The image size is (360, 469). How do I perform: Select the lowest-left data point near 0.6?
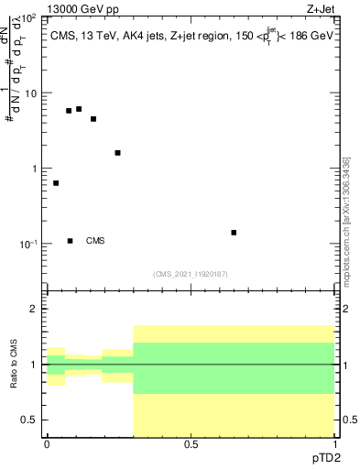coord(56,183)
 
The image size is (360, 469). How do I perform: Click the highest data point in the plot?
coord(79,109)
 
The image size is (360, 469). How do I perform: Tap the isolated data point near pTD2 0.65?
coord(234,233)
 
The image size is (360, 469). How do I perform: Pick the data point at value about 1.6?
coord(117,153)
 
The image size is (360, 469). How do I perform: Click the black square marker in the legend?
coord(71,241)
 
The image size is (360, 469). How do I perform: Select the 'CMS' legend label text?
coord(95,241)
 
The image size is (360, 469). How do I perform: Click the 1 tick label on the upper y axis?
coord(34,169)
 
